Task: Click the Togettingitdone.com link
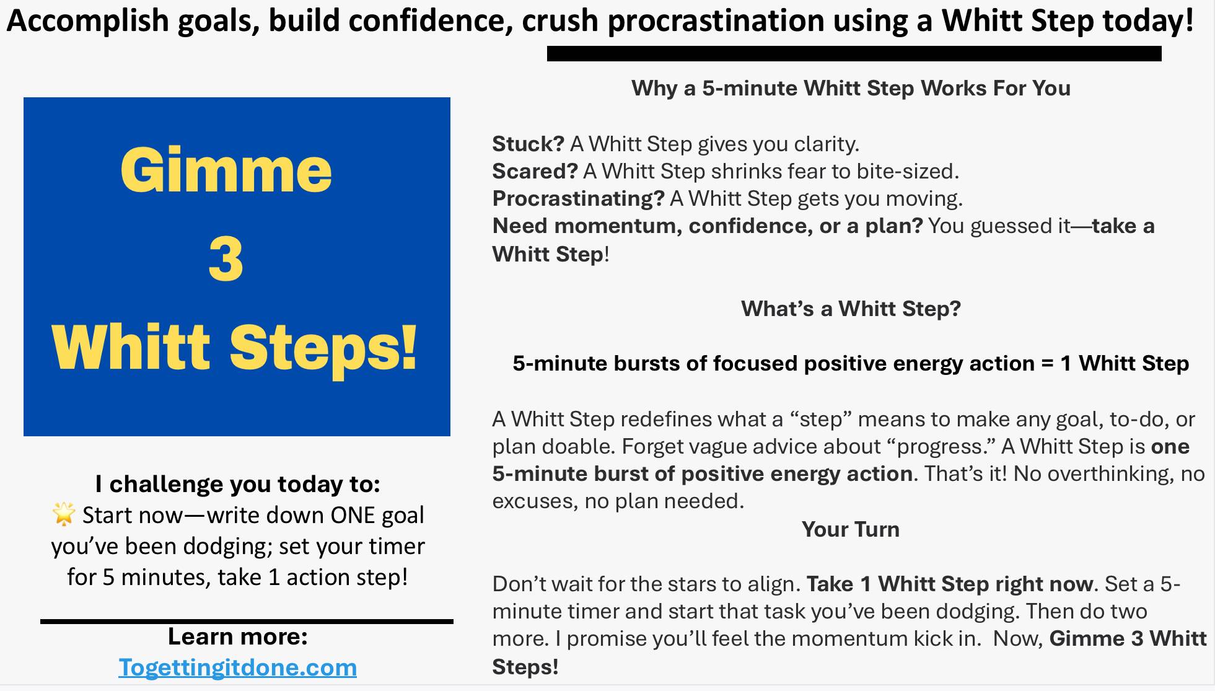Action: (237, 667)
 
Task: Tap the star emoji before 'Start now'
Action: (63, 514)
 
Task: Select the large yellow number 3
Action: (226, 259)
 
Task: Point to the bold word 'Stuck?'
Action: (528, 144)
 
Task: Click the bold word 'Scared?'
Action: (535, 171)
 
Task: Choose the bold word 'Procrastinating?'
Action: (578, 198)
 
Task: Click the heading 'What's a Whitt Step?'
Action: (851, 309)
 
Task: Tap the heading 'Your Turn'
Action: (850, 529)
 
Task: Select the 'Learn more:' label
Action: (237, 636)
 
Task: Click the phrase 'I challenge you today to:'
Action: (237, 484)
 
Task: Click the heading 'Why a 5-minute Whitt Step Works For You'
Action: (851, 89)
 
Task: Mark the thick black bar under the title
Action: (854, 54)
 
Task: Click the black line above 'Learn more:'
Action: (247, 621)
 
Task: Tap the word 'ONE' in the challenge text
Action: (357, 516)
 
